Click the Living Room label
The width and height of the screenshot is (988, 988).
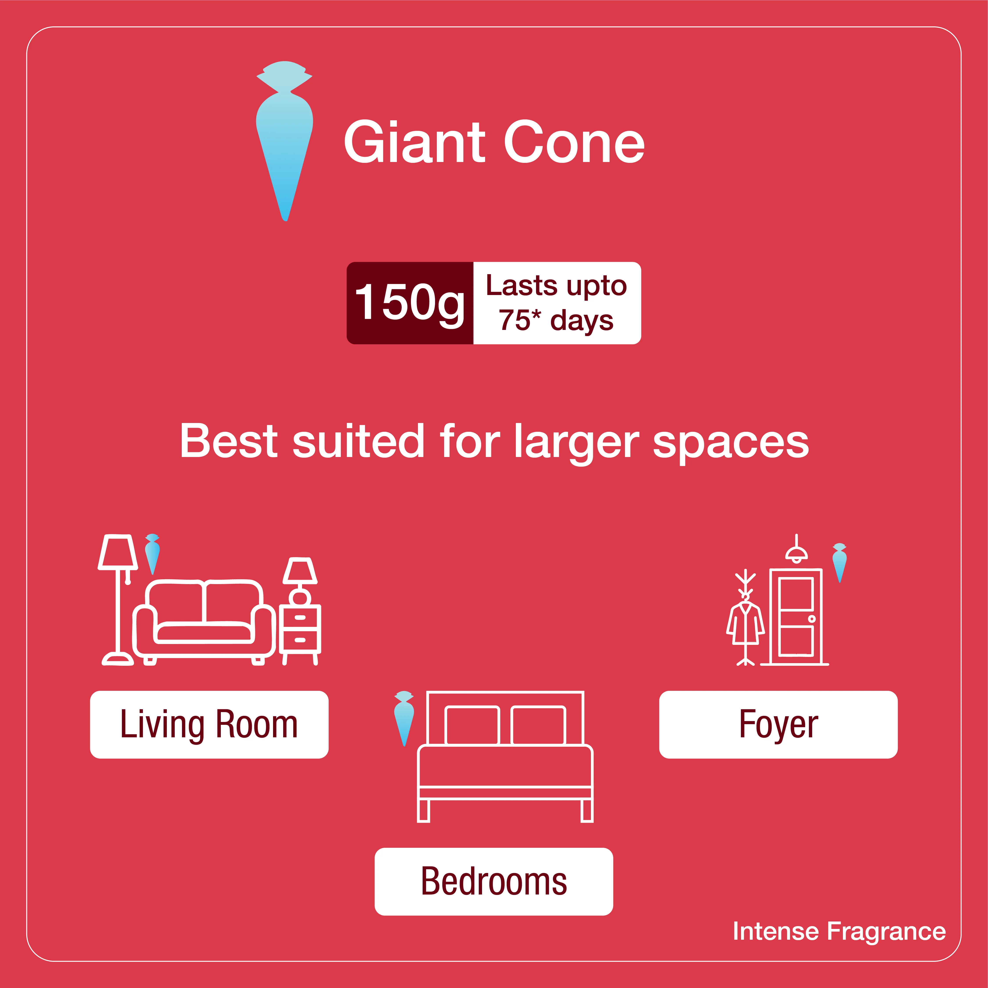pos(209,725)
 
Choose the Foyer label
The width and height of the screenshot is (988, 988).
pos(778,725)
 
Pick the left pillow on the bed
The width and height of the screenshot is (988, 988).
pos(472,725)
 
